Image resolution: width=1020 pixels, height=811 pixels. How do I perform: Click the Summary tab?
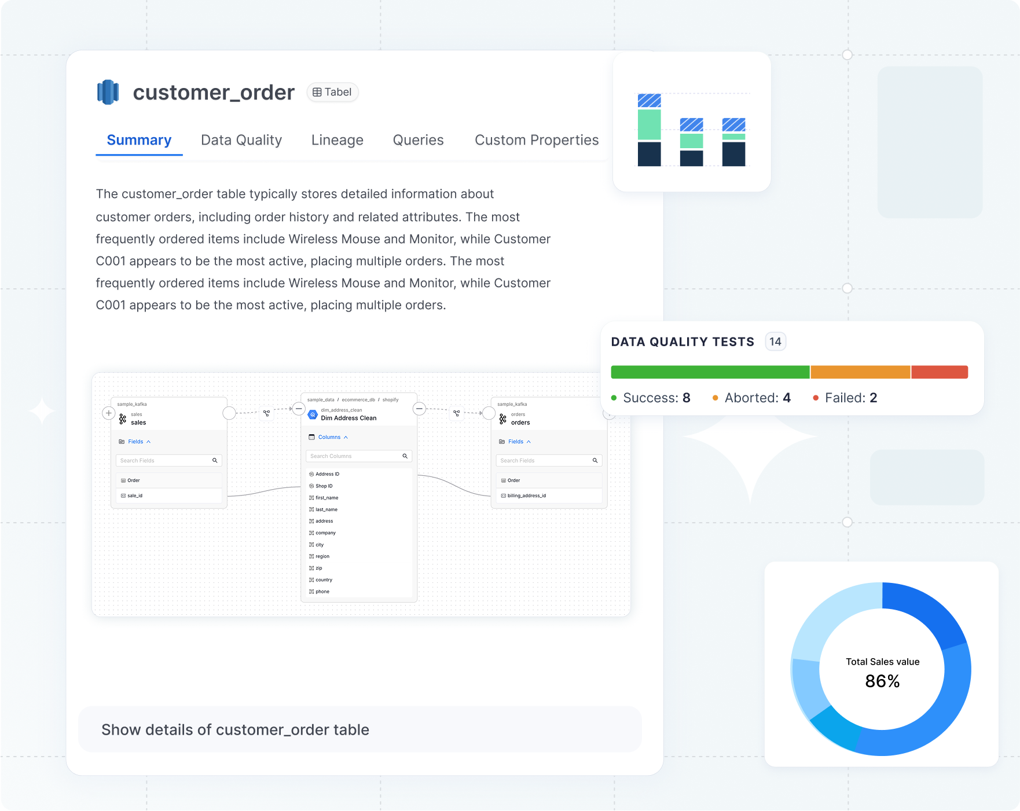pyautogui.click(x=139, y=140)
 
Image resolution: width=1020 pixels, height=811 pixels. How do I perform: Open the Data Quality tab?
pyautogui.click(x=241, y=140)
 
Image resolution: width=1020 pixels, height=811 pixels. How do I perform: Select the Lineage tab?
pyautogui.click(x=337, y=140)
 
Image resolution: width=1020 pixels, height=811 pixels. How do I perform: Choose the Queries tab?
pyautogui.click(x=418, y=140)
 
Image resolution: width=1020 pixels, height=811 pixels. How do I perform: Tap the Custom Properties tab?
pyautogui.click(x=537, y=140)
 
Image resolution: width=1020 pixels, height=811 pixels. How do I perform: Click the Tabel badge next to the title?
pyautogui.click(x=332, y=92)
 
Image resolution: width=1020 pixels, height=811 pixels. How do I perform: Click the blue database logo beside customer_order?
pyautogui.click(x=108, y=92)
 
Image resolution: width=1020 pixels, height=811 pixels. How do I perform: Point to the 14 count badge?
pyautogui.click(x=775, y=342)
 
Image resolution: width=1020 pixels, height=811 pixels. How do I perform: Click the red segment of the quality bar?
pyautogui.click(x=940, y=372)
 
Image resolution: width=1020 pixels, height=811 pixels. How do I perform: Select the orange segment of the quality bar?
pyautogui.click(x=860, y=372)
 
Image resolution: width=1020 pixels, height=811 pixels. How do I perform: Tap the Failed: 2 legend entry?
pyautogui.click(x=845, y=398)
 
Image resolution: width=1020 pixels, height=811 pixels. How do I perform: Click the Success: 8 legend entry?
pyautogui.click(x=651, y=398)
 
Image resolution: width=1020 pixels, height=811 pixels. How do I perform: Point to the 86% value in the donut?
pyautogui.click(x=882, y=681)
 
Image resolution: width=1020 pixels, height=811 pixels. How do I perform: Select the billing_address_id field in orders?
pyautogui.click(x=526, y=496)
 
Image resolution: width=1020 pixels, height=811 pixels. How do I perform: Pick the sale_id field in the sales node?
pyautogui.click(x=135, y=496)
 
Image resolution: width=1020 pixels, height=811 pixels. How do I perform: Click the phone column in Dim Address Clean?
pyautogui.click(x=322, y=592)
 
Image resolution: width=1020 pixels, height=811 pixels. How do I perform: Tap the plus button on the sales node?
pyautogui.click(x=108, y=413)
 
